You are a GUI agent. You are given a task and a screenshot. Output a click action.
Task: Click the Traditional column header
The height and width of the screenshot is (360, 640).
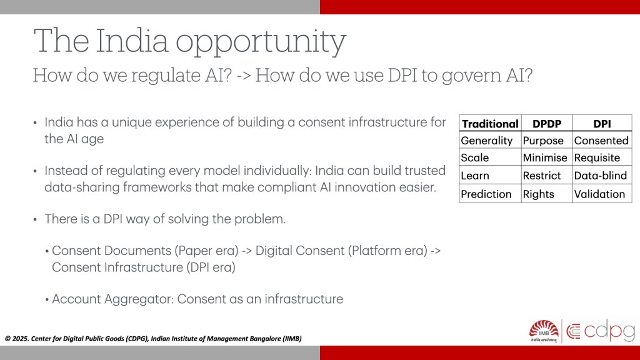tap(490, 124)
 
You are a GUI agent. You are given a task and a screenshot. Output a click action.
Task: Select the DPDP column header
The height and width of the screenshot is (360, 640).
tap(547, 124)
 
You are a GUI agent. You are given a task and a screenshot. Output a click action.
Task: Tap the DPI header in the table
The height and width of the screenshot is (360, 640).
tap(602, 124)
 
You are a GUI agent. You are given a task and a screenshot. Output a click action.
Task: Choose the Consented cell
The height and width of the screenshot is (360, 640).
tap(601, 141)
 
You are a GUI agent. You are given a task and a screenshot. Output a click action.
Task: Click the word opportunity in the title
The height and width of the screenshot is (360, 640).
tap(261, 42)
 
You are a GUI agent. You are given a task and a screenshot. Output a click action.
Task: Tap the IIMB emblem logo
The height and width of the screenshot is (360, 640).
tap(543, 331)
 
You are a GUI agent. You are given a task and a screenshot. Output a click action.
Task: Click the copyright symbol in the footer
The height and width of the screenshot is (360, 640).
tap(7, 338)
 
